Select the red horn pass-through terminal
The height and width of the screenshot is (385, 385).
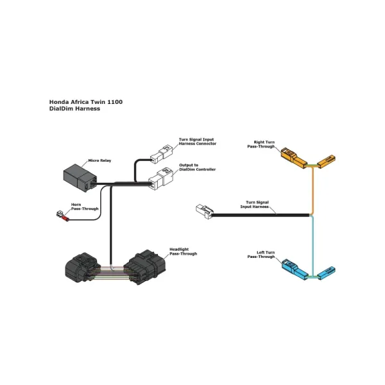(64, 217)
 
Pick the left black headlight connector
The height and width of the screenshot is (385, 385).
(83, 268)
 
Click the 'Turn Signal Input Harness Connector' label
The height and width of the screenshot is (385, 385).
(197, 141)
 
